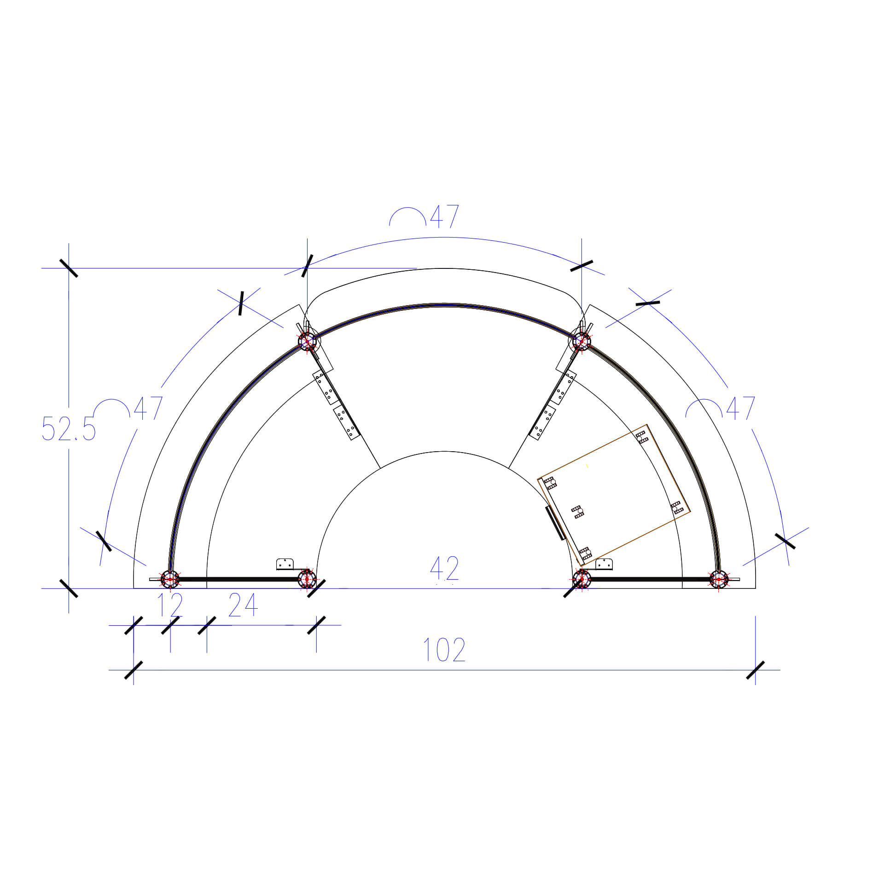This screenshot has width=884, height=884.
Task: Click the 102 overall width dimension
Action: coord(444,650)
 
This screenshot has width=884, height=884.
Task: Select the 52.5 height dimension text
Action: coord(69,429)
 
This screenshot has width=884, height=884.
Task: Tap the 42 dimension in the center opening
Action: coord(444,568)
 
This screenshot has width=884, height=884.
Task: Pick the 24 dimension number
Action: coord(243,605)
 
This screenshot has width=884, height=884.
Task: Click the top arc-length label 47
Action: coord(444,216)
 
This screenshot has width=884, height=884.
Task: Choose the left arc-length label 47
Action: coord(148,408)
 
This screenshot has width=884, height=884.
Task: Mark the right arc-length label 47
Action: coord(740,408)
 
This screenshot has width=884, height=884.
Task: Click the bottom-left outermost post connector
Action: coord(170,579)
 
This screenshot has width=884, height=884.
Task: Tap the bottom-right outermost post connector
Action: coord(718,579)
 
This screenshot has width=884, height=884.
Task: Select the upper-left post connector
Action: coord(307,342)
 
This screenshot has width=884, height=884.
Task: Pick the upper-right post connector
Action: coord(582,342)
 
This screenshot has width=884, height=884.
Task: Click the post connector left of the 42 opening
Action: coord(307,579)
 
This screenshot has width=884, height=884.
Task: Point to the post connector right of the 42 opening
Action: coord(582,579)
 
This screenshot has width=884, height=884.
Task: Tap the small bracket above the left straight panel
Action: coord(285,564)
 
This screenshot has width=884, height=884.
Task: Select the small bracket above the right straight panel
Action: coord(604,564)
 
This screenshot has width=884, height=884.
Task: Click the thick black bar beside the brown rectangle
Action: coord(555,523)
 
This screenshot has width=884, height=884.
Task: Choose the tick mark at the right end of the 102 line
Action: coord(755,670)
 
